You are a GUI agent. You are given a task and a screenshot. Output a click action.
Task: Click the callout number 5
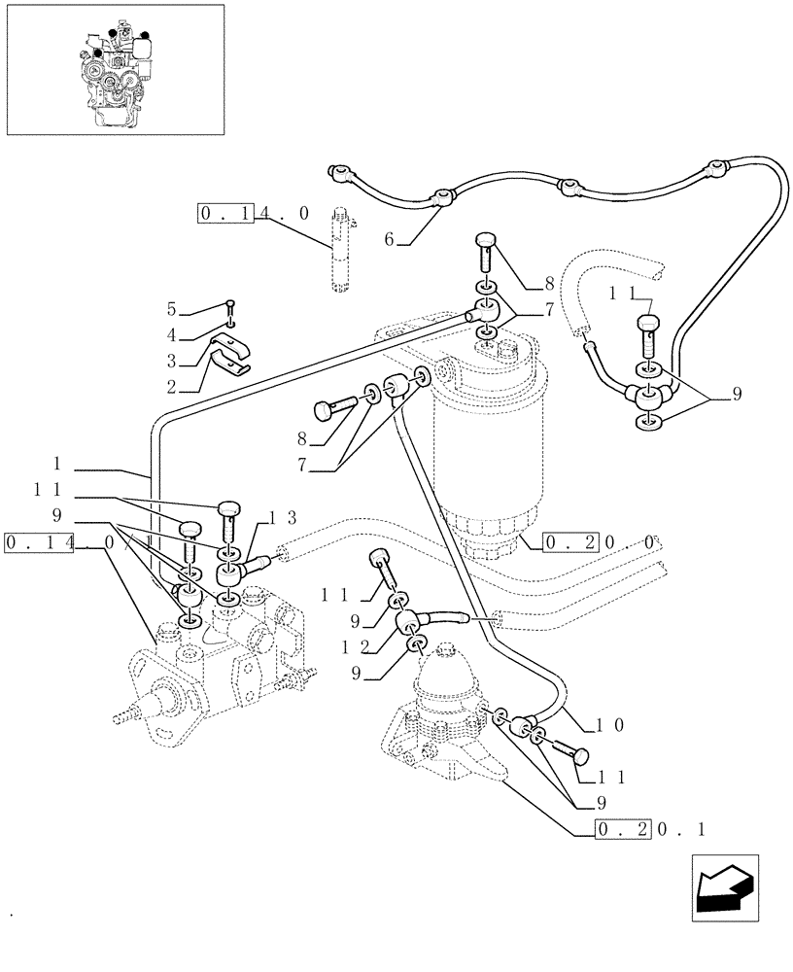[171, 309]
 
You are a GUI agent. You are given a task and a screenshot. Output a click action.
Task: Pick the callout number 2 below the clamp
[171, 387]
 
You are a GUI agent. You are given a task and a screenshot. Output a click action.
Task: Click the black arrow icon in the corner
[725, 888]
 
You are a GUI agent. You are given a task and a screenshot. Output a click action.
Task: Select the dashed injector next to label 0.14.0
[341, 249]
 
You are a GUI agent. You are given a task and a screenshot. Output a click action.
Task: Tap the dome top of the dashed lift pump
[443, 672]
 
